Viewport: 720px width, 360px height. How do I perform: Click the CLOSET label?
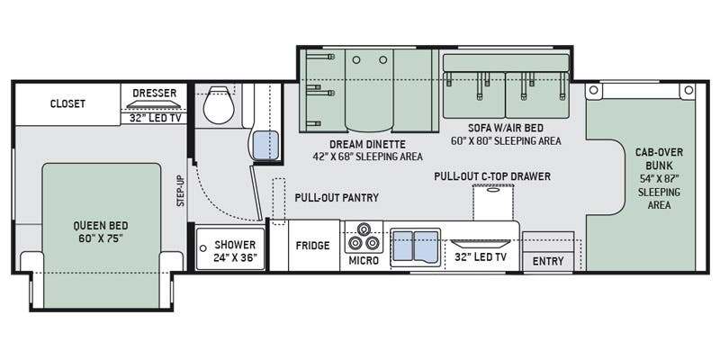pos(67,103)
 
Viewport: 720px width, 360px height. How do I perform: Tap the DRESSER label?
pos(154,93)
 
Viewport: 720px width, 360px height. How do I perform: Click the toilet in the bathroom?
pos(216,107)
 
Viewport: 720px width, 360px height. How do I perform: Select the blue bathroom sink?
pos(262,144)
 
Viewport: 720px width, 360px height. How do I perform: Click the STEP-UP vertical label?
pos(180,191)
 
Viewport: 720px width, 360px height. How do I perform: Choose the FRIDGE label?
pos(312,245)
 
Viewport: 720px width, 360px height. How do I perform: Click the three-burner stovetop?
pos(364,236)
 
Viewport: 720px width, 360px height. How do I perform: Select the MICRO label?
pos(364,261)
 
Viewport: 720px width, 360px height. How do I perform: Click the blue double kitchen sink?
pos(415,245)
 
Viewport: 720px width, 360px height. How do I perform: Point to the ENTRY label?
pos(548,261)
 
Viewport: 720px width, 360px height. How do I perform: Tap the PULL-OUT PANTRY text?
pos(337,198)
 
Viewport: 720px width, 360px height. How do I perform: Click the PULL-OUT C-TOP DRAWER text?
pos(491,176)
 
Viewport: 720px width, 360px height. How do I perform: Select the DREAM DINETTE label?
pos(367,144)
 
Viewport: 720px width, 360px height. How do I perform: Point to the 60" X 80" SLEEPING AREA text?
pos(506,141)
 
